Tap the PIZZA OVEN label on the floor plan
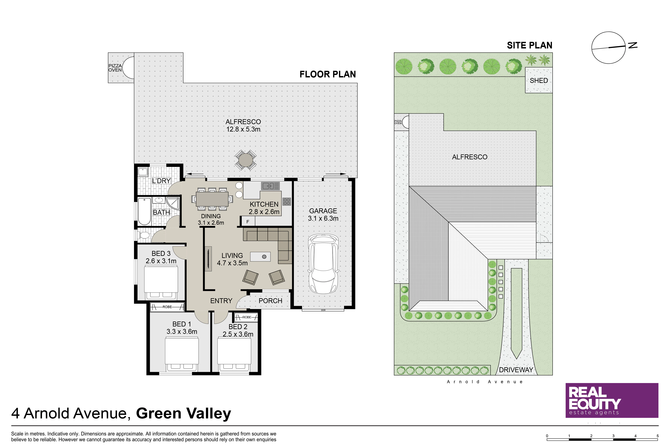[115, 68]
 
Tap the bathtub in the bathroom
[144, 212]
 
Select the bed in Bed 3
[161, 282]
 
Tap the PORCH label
[270, 301]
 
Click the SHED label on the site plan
[539, 81]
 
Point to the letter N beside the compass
[633, 45]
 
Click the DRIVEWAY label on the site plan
[516, 370]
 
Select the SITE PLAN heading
[529, 45]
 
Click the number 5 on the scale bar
[658, 436]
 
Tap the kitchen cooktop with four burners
[286, 202]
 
